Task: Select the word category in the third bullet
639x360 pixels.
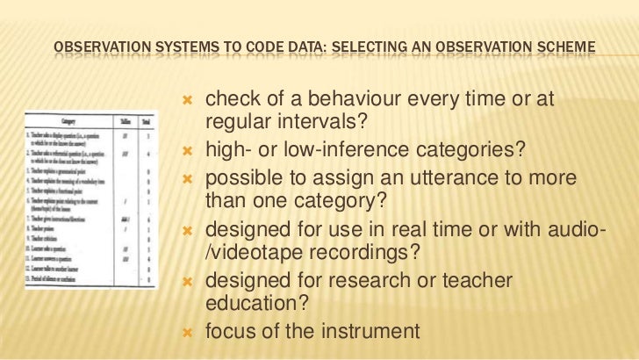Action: pyautogui.click(x=319, y=199)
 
